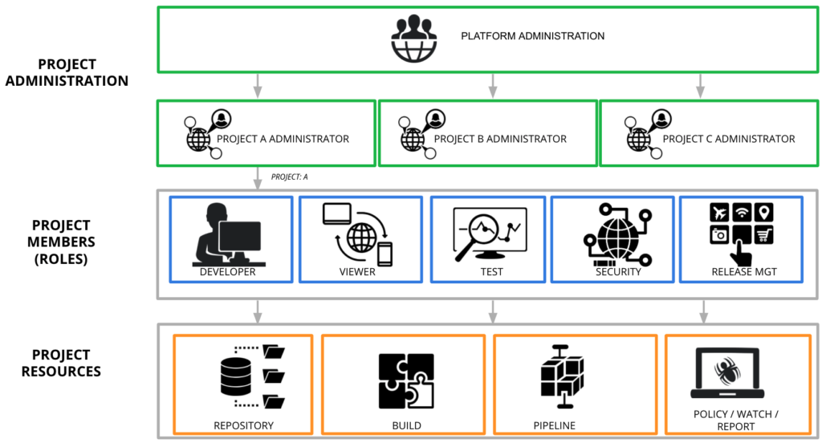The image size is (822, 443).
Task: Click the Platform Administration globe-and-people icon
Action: [414, 37]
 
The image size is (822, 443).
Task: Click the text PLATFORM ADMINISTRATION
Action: [532, 36]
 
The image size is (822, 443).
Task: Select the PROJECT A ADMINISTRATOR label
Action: [283, 139]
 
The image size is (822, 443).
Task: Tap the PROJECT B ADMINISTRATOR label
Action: [500, 139]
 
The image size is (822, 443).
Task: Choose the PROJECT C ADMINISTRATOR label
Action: [729, 139]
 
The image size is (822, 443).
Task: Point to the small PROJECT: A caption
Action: [290, 177]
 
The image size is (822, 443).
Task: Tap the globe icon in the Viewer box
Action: [360, 239]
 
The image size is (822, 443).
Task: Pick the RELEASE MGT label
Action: [743, 271]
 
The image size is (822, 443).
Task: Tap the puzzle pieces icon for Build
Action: [405, 380]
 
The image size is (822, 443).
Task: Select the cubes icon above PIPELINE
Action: [562, 378]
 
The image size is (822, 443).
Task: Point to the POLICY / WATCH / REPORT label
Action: [736, 420]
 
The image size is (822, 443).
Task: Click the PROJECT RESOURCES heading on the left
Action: [61, 363]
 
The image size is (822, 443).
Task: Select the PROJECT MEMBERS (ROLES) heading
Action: [61, 241]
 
